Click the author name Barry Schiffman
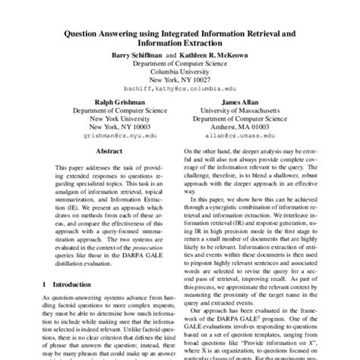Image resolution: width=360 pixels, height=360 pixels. click(x=133, y=55)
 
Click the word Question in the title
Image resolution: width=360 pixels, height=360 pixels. click(x=78, y=33)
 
